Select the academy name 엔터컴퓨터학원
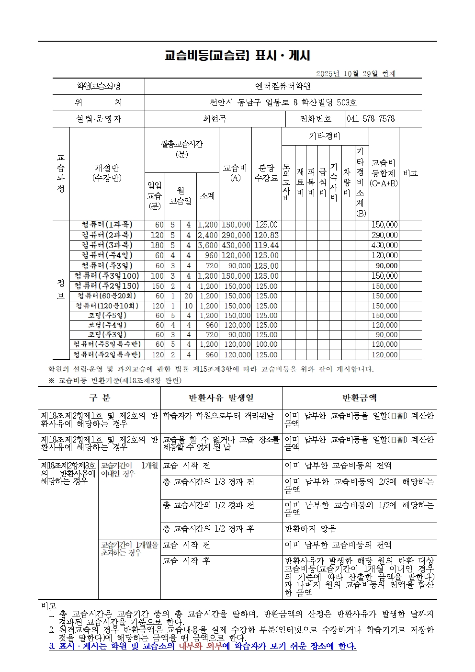tap(283, 86)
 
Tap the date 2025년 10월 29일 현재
tap(356, 73)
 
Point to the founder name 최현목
tap(215, 119)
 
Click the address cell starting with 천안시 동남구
tap(283, 103)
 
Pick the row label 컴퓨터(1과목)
tap(107, 225)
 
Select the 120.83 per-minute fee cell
tap(266, 235)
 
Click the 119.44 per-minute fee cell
tap(266, 245)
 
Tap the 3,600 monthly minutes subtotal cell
tap(207, 245)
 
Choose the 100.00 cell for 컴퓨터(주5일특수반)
tap(266, 344)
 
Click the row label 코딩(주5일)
tap(107, 316)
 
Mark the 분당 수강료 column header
tap(266, 173)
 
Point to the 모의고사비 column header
tap(287, 182)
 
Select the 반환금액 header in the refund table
tap(359, 398)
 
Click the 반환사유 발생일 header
tap(221, 398)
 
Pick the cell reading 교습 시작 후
tap(187, 560)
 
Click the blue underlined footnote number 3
tap(52, 646)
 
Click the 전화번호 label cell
tap(316, 119)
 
